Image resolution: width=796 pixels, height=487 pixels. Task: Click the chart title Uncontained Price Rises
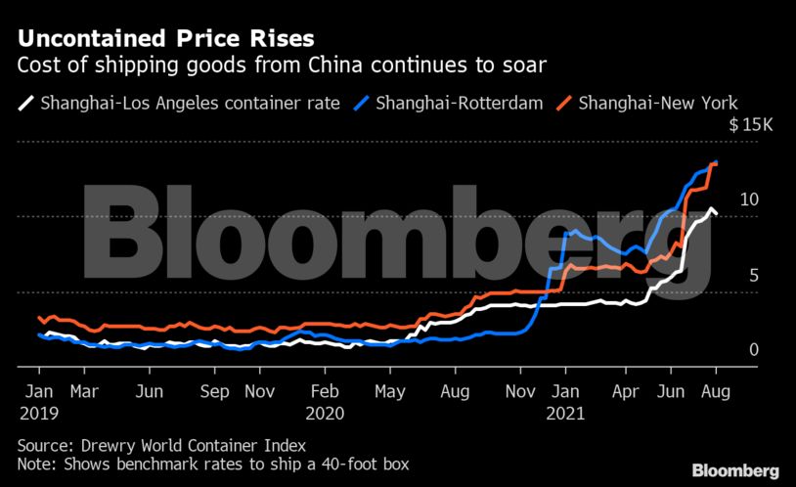tap(165, 40)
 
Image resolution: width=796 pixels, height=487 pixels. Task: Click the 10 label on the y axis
tap(723, 199)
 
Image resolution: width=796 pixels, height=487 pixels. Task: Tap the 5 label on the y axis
tap(727, 275)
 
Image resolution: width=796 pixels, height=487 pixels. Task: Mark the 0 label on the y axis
tap(727, 349)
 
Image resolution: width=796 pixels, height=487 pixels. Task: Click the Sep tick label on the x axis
tap(214, 391)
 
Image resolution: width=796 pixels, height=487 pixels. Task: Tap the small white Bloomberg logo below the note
tap(736, 470)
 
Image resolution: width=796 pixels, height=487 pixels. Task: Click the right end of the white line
tap(718, 213)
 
